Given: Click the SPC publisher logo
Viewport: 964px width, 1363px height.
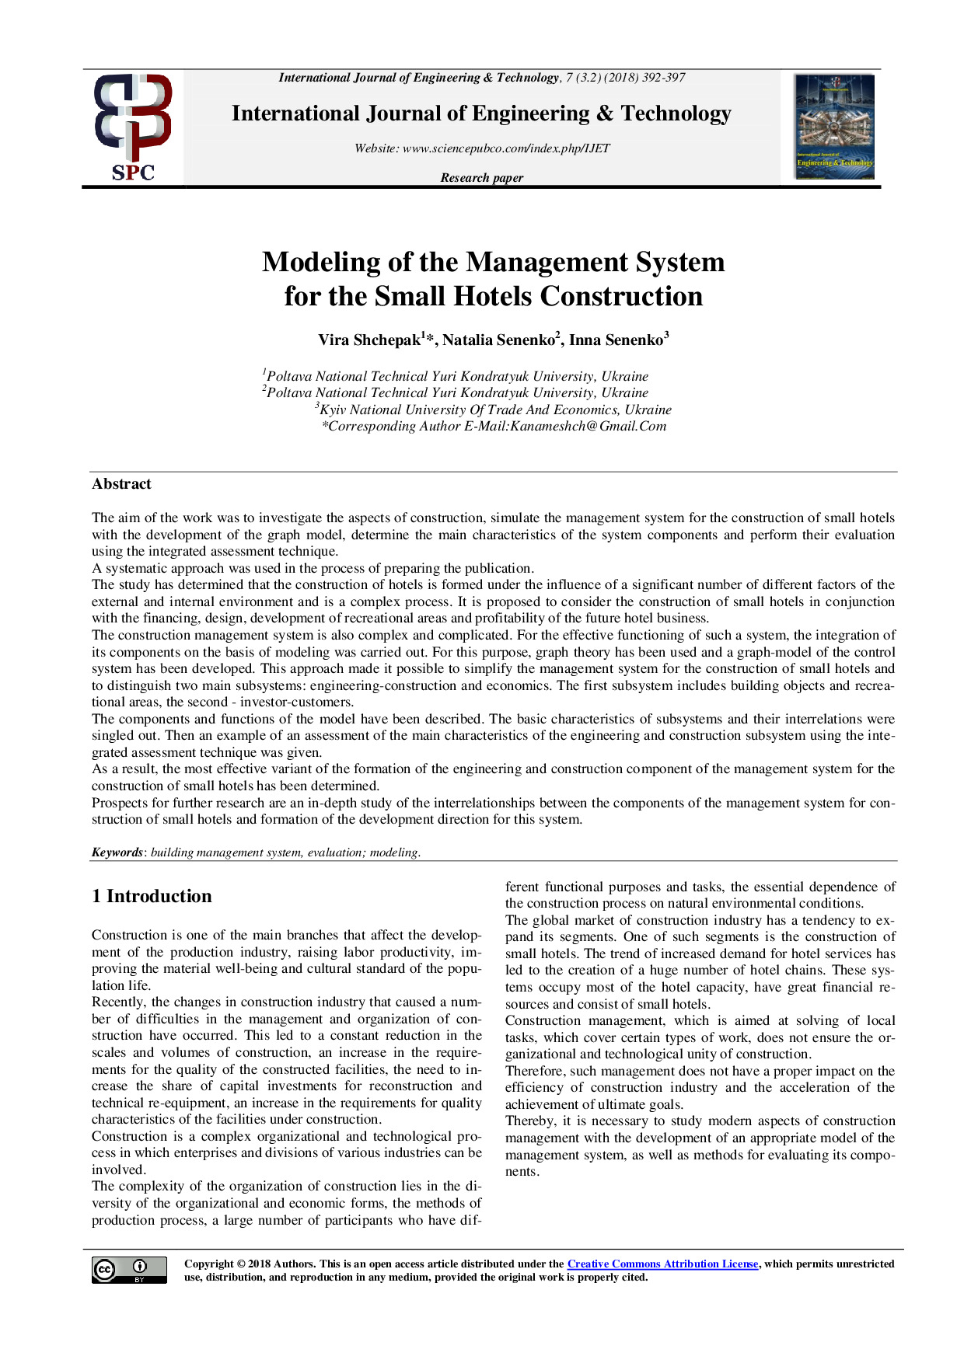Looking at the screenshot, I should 133,127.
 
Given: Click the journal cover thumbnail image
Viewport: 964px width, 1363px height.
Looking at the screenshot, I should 834,127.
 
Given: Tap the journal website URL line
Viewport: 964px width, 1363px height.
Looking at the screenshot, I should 482,148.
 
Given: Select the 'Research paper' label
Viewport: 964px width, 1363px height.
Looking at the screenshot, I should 482,178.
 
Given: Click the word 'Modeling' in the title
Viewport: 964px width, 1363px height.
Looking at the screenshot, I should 320,262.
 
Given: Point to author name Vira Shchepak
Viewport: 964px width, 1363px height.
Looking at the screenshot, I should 370,340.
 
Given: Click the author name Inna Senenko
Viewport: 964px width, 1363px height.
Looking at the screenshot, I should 616,340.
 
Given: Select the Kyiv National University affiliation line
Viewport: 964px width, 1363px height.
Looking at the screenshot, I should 494,410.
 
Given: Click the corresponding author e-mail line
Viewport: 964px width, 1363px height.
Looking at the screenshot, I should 494,426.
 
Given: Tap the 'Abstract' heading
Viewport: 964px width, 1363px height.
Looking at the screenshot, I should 121,484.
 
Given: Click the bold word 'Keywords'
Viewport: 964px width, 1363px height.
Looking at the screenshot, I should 117,852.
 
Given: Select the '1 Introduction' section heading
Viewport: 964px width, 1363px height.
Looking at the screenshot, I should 152,896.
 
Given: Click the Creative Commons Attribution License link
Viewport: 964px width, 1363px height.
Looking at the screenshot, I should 662,1264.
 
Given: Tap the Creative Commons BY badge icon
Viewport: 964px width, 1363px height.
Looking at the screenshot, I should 129,1270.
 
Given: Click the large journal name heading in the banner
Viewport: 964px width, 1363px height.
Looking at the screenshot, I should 481,113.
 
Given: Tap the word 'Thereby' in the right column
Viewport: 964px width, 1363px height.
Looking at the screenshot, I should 529,1121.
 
